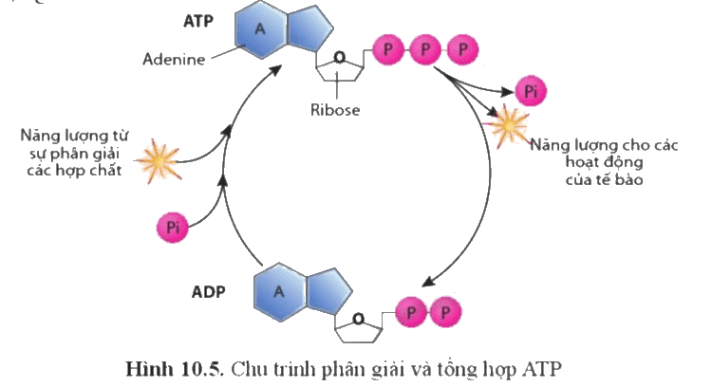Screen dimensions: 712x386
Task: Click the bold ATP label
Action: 198,21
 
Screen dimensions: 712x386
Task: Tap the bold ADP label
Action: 209,292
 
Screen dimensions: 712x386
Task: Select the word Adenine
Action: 174,60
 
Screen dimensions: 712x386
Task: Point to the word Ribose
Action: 335,110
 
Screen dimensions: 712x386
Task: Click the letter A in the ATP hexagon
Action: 260,29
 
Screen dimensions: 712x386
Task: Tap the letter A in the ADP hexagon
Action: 279,292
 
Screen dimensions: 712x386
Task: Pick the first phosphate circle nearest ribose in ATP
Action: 388,49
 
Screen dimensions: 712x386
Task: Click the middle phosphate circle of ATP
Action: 425,49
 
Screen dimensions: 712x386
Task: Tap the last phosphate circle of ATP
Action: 462,49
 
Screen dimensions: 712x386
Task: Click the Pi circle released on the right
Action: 531,91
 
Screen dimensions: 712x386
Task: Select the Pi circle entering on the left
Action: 173,228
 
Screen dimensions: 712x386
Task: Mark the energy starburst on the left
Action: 159,160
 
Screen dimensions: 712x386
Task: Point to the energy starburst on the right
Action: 509,125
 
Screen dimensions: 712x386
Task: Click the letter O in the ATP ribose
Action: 339,58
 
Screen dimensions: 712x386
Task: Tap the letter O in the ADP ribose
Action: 358,320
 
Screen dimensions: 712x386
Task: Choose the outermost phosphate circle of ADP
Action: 445,312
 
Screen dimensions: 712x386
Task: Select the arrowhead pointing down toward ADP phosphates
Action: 428,282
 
